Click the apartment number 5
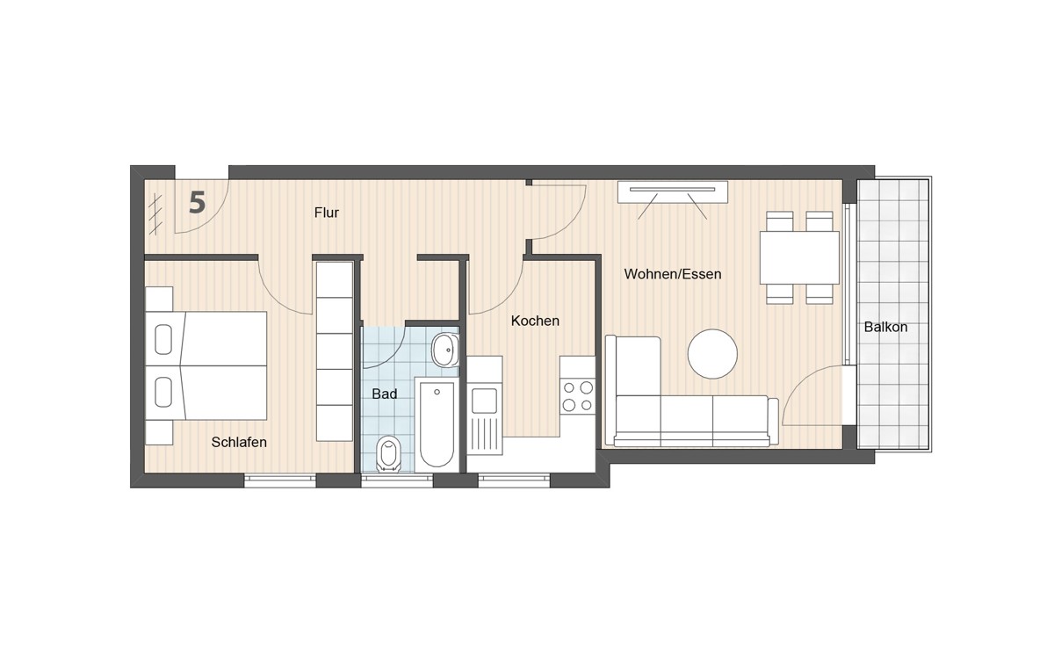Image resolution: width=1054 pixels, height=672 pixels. pos(198,203)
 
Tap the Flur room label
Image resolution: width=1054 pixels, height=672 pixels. pos(327,213)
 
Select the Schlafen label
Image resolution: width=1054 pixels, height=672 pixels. pos(239,442)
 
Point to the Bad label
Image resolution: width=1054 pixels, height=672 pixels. pos(385,394)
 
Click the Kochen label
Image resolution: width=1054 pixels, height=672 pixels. pos(535,321)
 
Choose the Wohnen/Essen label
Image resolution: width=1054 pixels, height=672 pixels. pos(673,274)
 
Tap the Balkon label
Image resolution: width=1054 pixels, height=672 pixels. pos(885,327)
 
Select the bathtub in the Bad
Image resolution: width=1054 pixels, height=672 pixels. pos(437,424)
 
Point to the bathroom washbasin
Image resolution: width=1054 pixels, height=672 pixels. pos(444,350)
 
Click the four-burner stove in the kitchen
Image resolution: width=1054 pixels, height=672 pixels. pos(577,395)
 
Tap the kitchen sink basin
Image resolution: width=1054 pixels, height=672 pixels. pos(485,400)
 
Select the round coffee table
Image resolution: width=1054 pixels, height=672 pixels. pos(712,354)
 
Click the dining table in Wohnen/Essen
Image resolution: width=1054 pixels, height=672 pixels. pos(799,257)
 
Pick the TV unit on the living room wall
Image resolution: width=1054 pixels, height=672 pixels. pos(673,191)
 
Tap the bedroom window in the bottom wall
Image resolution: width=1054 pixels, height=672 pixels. pos(279,480)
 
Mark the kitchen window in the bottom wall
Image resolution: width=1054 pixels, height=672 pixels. pos(514,480)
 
